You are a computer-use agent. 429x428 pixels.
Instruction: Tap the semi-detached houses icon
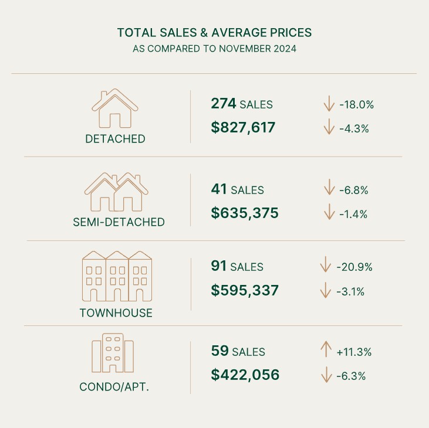(117, 192)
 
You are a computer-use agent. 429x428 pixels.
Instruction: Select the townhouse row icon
(116, 276)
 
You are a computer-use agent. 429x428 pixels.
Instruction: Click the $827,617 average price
(243, 127)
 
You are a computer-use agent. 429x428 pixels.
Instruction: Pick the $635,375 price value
(245, 213)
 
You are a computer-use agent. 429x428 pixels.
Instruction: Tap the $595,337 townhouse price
(244, 290)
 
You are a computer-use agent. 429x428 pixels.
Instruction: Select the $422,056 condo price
(245, 375)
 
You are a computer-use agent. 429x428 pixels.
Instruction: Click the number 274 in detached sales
(223, 104)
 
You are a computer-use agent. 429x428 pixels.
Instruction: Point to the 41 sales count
(219, 189)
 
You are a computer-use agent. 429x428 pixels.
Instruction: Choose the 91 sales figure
(219, 266)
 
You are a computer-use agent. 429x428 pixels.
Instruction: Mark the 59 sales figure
(219, 352)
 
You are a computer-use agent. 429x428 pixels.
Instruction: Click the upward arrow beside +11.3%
(325, 351)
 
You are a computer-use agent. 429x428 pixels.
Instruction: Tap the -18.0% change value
(357, 105)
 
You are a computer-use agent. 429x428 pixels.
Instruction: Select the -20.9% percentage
(354, 267)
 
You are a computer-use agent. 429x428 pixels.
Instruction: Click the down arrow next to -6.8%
(329, 189)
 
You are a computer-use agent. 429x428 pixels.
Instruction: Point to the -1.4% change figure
(353, 214)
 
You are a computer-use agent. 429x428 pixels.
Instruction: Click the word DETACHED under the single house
(115, 140)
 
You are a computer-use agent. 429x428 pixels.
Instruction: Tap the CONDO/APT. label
(114, 388)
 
